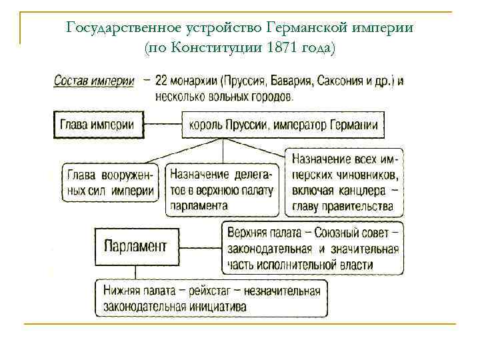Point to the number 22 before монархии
161,81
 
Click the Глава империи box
97,124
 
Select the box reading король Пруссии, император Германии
283,125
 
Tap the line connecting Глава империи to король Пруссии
163,124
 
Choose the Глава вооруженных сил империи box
110,183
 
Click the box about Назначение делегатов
222,190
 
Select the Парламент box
135,246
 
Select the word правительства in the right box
367,206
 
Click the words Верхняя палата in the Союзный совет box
259,233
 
